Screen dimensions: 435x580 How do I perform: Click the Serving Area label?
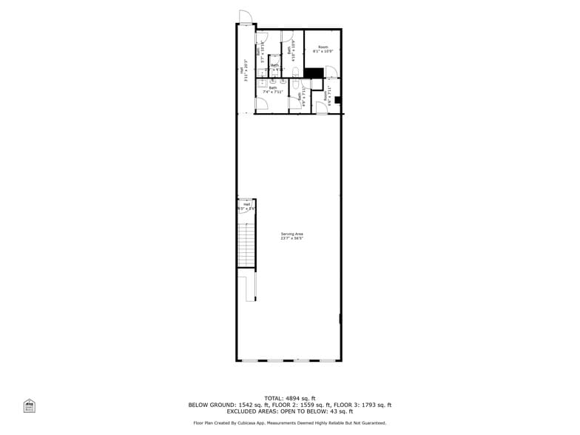[x=292, y=233]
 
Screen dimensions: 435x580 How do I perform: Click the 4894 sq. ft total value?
[x=300, y=399]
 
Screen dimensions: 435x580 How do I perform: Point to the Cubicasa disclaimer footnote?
[x=289, y=423]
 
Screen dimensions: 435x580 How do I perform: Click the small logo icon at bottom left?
[x=30, y=405]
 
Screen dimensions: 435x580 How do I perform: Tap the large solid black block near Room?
[x=314, y=72]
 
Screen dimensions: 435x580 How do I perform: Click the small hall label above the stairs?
[x=246, y=204]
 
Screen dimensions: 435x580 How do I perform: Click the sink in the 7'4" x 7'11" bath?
[x=262, y=84]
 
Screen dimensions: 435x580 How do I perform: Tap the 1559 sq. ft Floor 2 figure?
[x=311, y=405]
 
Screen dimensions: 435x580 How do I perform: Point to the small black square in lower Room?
[x=338, y=100]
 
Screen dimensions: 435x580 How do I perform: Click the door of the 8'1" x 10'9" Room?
[x=331, y=72]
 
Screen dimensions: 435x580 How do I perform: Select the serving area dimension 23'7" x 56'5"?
[x=292, y=238]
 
